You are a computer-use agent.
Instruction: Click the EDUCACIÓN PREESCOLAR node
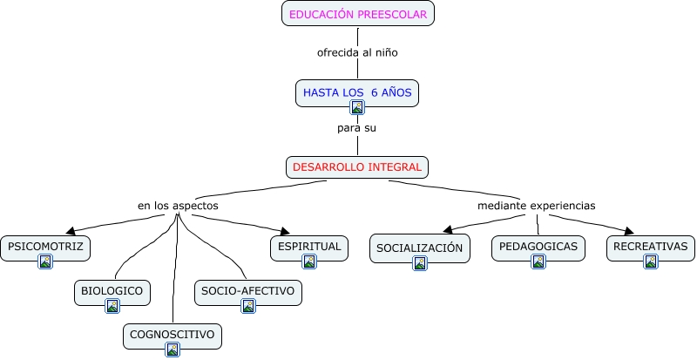click(358, 14)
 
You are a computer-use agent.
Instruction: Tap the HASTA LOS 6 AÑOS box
click(357, 91)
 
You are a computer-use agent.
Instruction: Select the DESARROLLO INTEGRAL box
click(357, 166)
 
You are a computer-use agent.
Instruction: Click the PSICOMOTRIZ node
click(45, 247)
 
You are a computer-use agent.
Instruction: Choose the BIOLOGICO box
click(112, 290)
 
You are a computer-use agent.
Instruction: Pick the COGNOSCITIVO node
click(172, 334)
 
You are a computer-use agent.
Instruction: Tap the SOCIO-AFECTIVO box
click(247, 290)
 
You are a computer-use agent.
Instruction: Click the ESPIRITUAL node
click(308, 247)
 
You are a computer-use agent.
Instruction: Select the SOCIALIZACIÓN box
click(419, 248)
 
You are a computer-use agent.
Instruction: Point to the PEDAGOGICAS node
click(538, 247)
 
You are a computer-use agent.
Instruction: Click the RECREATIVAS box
click(650, 247)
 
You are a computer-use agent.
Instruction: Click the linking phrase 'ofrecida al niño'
click(357, 52)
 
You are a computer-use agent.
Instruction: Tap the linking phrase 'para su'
click(357, 128)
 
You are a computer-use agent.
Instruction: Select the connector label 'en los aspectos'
click(178, 206)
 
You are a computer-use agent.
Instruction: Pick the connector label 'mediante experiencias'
click(536, 206)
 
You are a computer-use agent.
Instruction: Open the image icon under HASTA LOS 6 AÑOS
click(357, 107)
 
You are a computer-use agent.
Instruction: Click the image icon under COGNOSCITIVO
click(173, 350)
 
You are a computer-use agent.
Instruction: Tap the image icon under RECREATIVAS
click(650, 262)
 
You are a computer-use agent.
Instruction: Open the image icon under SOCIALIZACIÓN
click(420, 262)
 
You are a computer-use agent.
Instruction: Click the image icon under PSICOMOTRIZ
click(45, 262)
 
